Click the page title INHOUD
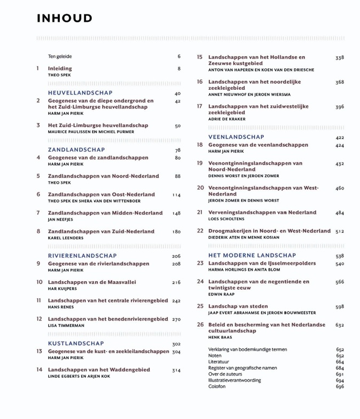click(x=65, y=19)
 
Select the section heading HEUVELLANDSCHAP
click(x=80, y=93)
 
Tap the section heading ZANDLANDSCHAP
click(x=76, y=150)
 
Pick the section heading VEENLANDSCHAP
click(x=236, y=137)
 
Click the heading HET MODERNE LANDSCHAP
click(x=252, y=255)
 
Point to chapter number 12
click(x=39, y=319)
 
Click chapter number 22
click(x=200, y=231)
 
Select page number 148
click(x=176, y=213)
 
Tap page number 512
click(x=340, y=231)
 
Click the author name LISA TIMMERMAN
click(x=66, y=325)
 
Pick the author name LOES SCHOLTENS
click(x=226, y=219)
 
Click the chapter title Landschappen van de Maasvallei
click(x=92, y=282)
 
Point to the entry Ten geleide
click(x=60, y=57)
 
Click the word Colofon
click(x=217, y=386)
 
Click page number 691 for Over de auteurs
click(x=340, y=374)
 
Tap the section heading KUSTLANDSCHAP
click(x=76, y=344)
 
